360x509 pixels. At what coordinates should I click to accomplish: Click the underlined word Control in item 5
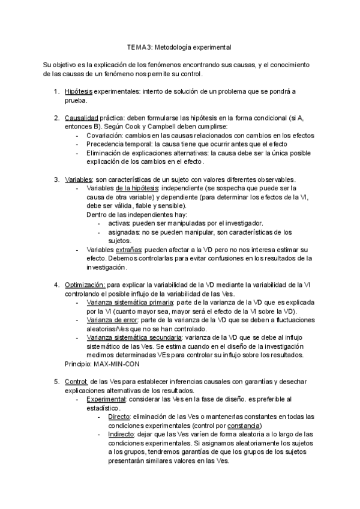[76, 381]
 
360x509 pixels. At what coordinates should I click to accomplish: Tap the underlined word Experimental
[106, 399]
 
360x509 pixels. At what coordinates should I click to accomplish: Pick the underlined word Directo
[120, 417]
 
